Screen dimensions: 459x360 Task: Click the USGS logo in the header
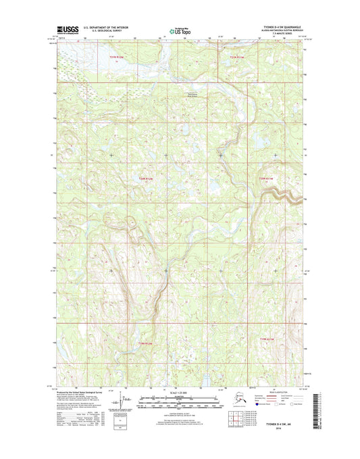click(66, 30)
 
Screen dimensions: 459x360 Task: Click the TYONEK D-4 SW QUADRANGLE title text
click(283, 28)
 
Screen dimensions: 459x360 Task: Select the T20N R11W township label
click(267, 178)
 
